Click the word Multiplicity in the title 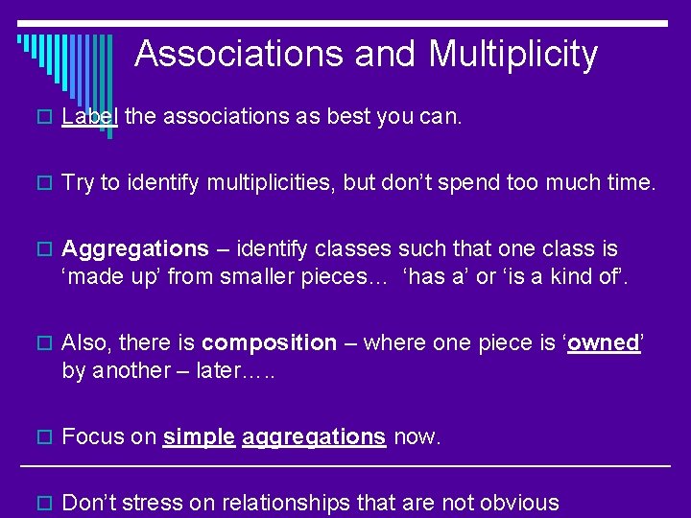coord(512,54)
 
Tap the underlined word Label coord(89,117)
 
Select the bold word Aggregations coord(134,249)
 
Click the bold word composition coord(270,343)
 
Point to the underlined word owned coord(604,343)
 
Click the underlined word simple coord(199,437)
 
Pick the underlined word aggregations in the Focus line coord(314,437)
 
